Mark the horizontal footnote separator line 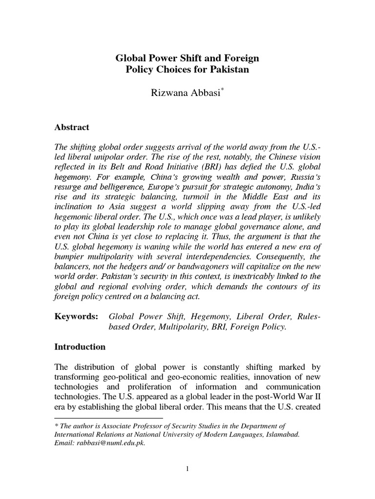[108, 418]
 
